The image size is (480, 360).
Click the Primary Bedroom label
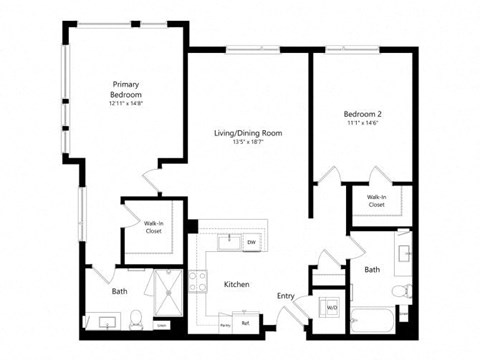[126, 89]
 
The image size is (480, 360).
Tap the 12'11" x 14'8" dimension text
[126, 103]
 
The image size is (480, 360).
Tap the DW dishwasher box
[252, 242]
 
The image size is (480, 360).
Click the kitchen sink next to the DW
[229, 241]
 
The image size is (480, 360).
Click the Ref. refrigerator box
[245, 322]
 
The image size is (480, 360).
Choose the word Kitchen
[236, 285]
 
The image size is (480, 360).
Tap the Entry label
[286, 295]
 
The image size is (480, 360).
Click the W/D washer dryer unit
[331, 307]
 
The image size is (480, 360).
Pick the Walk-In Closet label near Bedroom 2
[376, 201]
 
